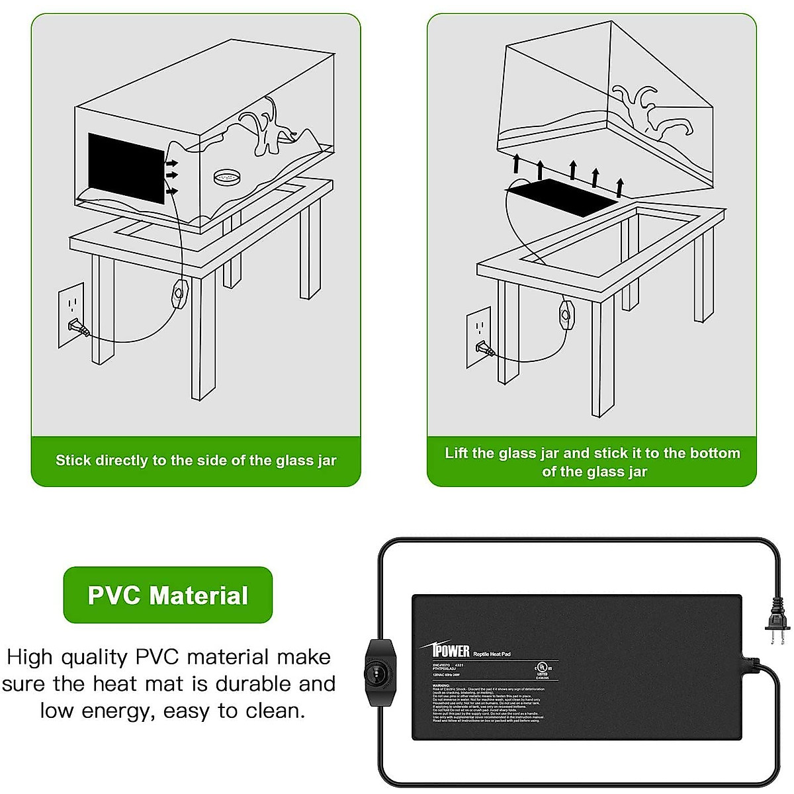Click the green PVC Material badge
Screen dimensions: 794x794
click(x=168, y=595)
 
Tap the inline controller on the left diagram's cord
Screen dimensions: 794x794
click(x=179, y=294)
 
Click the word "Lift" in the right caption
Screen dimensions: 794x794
click(x=457, y=453)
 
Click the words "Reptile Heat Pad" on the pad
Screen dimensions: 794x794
click(x=492, y=654)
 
